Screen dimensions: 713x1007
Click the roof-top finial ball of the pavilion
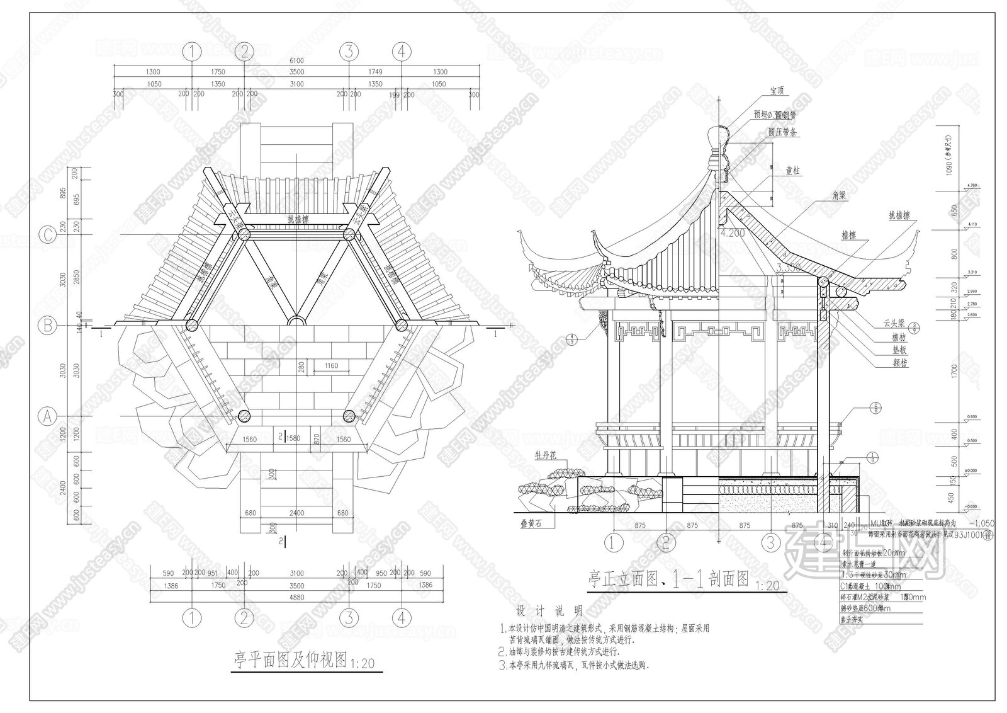click(719, 135)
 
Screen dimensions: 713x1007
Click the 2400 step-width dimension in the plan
click(296, 513)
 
